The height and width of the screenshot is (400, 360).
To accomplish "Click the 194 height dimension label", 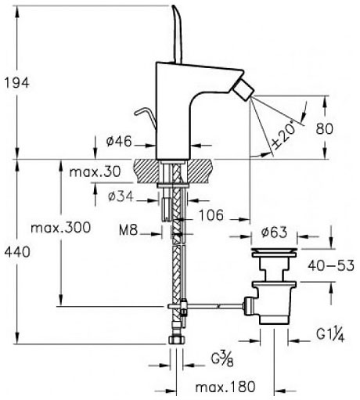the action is pos(17,83).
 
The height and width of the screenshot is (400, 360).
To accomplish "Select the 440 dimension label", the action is pos(17,252).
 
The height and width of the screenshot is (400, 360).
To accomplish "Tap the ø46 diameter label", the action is pos(119,142).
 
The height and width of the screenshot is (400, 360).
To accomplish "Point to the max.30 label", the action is pos(95,171).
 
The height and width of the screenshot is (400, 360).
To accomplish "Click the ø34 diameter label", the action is pos(121,196).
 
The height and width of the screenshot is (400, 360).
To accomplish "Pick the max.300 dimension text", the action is pos(61,228).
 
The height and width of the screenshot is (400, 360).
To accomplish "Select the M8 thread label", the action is pos(128,230).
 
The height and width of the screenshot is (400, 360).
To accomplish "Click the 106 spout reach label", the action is pos(211,215).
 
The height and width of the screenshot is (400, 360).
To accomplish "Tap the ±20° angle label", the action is pos(284,135).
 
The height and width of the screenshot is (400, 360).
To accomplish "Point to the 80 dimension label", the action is pos(325,128).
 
